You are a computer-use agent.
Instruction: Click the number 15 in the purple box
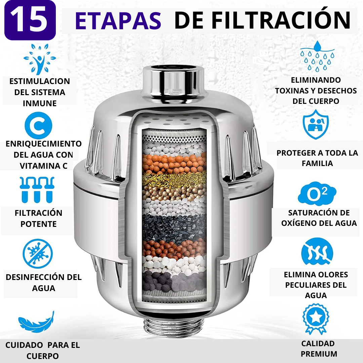point(30,20)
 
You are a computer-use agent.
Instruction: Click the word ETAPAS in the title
point(118,21)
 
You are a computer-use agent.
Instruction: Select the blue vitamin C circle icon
point(38,125)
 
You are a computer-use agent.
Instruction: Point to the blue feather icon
point(36,322)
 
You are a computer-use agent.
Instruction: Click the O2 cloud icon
point(317,194)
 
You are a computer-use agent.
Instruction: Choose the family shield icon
point(316,124)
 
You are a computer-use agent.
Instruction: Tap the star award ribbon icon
point(316,319)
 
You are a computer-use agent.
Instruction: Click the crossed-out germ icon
point(38,253)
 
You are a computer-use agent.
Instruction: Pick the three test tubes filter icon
point(37,190)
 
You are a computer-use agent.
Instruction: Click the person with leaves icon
point(40,59)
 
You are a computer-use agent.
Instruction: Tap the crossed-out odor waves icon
point(317,251)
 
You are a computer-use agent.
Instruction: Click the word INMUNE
point(40,103)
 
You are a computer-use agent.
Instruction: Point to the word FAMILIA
point(317,163)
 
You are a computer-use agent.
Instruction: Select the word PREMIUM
point(319,354)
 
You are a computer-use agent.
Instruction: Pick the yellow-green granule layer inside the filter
point(174,179)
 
